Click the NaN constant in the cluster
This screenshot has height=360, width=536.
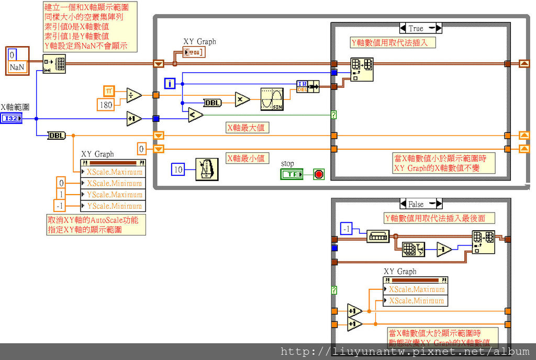[x=18, y=67]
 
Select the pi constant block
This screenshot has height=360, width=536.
[x=109, y=91]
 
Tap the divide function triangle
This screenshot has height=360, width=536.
[x=134, y=95]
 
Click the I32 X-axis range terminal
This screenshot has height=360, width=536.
[x=11, y=119]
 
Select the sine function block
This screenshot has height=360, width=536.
[x=272, y=99]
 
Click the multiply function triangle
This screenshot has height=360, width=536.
[x=242, y=99]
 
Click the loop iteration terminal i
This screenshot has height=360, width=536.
[x=169, y=83]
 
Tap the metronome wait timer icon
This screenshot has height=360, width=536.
[x=207, y=169]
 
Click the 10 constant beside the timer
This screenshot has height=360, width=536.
[x=178, y=170]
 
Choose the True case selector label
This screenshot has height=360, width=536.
[x=416, y=28]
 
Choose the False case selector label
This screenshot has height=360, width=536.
[x=416, y=204]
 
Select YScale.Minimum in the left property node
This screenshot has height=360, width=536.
[x=114, y=206]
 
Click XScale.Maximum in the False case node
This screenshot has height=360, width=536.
[x=416, y=289]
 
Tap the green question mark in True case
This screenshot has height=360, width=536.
[x=334, y=114]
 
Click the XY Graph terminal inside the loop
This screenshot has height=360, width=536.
[x=194, y=52]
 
